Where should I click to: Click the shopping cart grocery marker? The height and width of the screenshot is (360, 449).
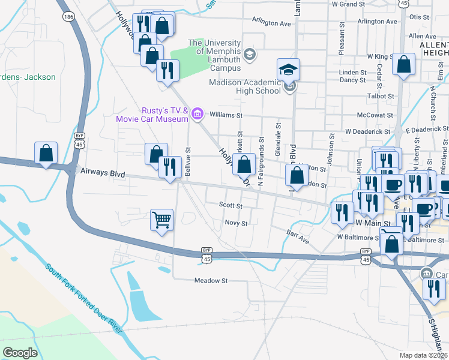click(x=161, y=221)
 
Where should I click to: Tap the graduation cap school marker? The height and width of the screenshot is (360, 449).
click(x=288, y=69)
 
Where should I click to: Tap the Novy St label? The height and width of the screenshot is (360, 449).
click(x=236, y=223)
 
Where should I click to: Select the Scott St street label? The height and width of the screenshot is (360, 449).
click(x=231, y=205)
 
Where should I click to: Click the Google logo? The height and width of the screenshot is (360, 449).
click(x=20, y=353)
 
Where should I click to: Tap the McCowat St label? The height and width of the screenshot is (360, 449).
click(x=374, y=114)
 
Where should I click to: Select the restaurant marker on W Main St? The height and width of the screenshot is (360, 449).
click(x=342, y=213)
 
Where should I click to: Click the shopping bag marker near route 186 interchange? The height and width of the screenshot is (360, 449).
click(x=46, y=154)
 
